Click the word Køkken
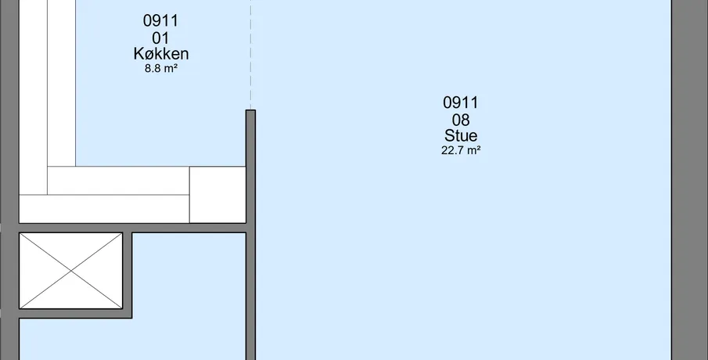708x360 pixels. tap(161, 54)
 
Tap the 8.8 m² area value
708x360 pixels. tap(161, 69)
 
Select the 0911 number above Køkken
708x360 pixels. tap(160, 21)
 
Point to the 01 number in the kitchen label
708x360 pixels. tap(160, 38)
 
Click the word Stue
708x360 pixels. tap(461, 135)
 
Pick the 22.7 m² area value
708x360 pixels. tap(461, 150)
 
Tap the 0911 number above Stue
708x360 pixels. tap(461, 103)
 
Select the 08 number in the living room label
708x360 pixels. tap(461, 120)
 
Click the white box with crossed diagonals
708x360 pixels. tap(71, 271)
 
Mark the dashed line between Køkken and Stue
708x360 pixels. tap(250, 55)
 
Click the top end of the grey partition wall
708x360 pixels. tap(250, 110)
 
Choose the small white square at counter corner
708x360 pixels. tap(217, 195)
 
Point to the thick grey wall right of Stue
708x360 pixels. tap(689, 180)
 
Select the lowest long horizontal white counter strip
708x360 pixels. tap(104, 209)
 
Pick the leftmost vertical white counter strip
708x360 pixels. tap(33, 97)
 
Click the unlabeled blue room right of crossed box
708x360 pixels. tap(189, 296)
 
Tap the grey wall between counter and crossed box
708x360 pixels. tap(132, 228)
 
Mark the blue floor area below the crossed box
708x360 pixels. tap(75, 339)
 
